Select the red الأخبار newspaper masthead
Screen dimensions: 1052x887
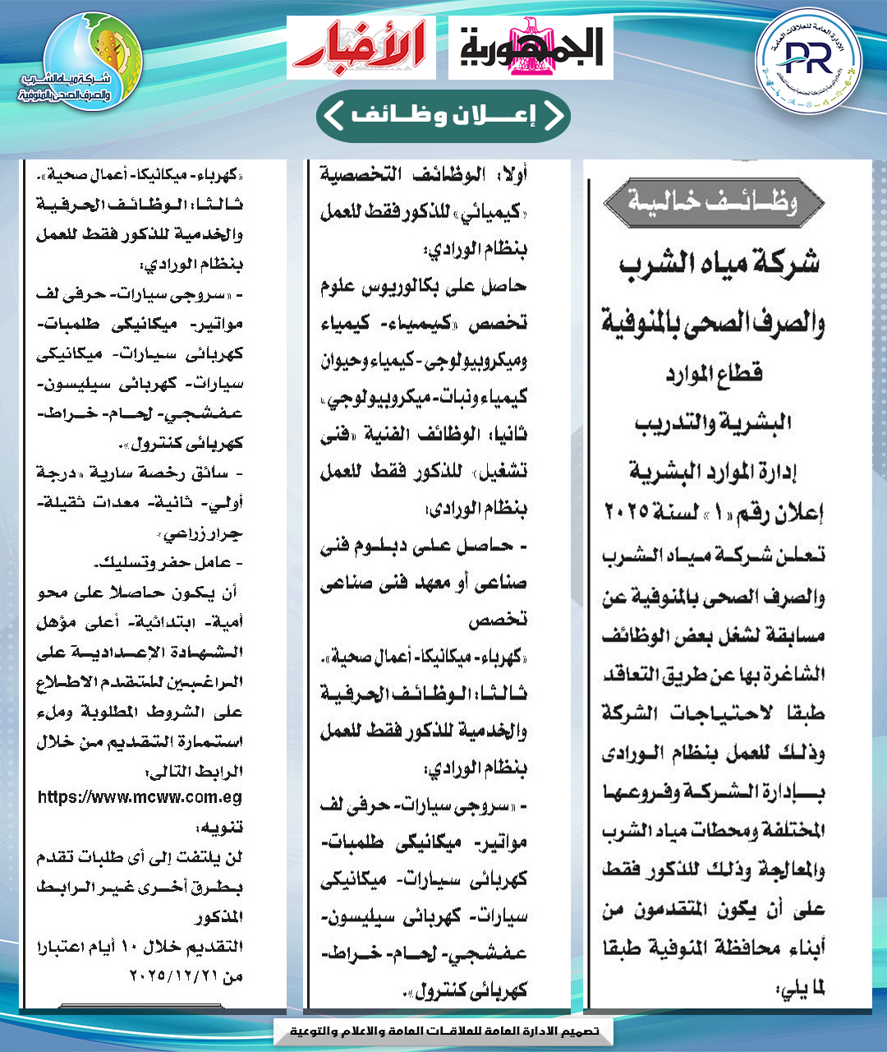[361, 47]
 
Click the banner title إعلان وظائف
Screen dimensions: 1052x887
[443, 115]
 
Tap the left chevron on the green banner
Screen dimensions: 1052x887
[333, 115]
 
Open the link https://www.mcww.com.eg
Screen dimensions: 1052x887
[140, 796]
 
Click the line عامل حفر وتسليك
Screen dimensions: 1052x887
[169, 563]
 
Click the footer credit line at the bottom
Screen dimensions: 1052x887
[443, 1031]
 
